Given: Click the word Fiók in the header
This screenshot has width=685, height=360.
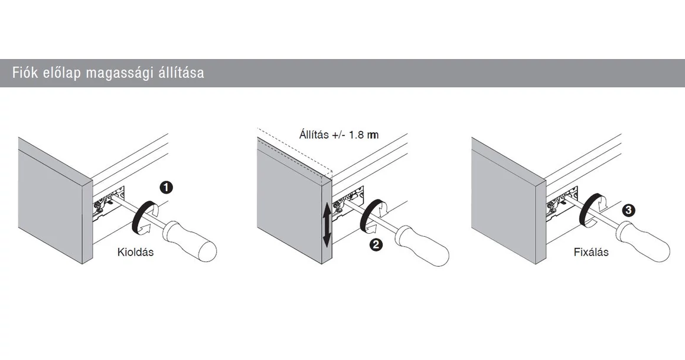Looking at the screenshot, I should pos(25,73).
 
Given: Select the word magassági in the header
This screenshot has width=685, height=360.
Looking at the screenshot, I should pos(119,73).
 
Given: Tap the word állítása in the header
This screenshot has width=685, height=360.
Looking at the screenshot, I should pos(181,73).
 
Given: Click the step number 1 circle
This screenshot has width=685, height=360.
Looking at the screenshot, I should pos(167,188).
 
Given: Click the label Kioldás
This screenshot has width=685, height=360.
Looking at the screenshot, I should pos(135,252).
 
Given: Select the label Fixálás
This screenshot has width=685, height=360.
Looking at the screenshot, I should pos(591,252).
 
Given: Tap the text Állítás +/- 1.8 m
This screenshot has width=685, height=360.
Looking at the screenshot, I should pos(338,135).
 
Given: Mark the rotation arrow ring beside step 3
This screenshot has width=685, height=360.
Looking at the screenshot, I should pos(591,210).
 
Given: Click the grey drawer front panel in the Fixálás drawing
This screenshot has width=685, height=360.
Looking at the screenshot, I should pos(505,204).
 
